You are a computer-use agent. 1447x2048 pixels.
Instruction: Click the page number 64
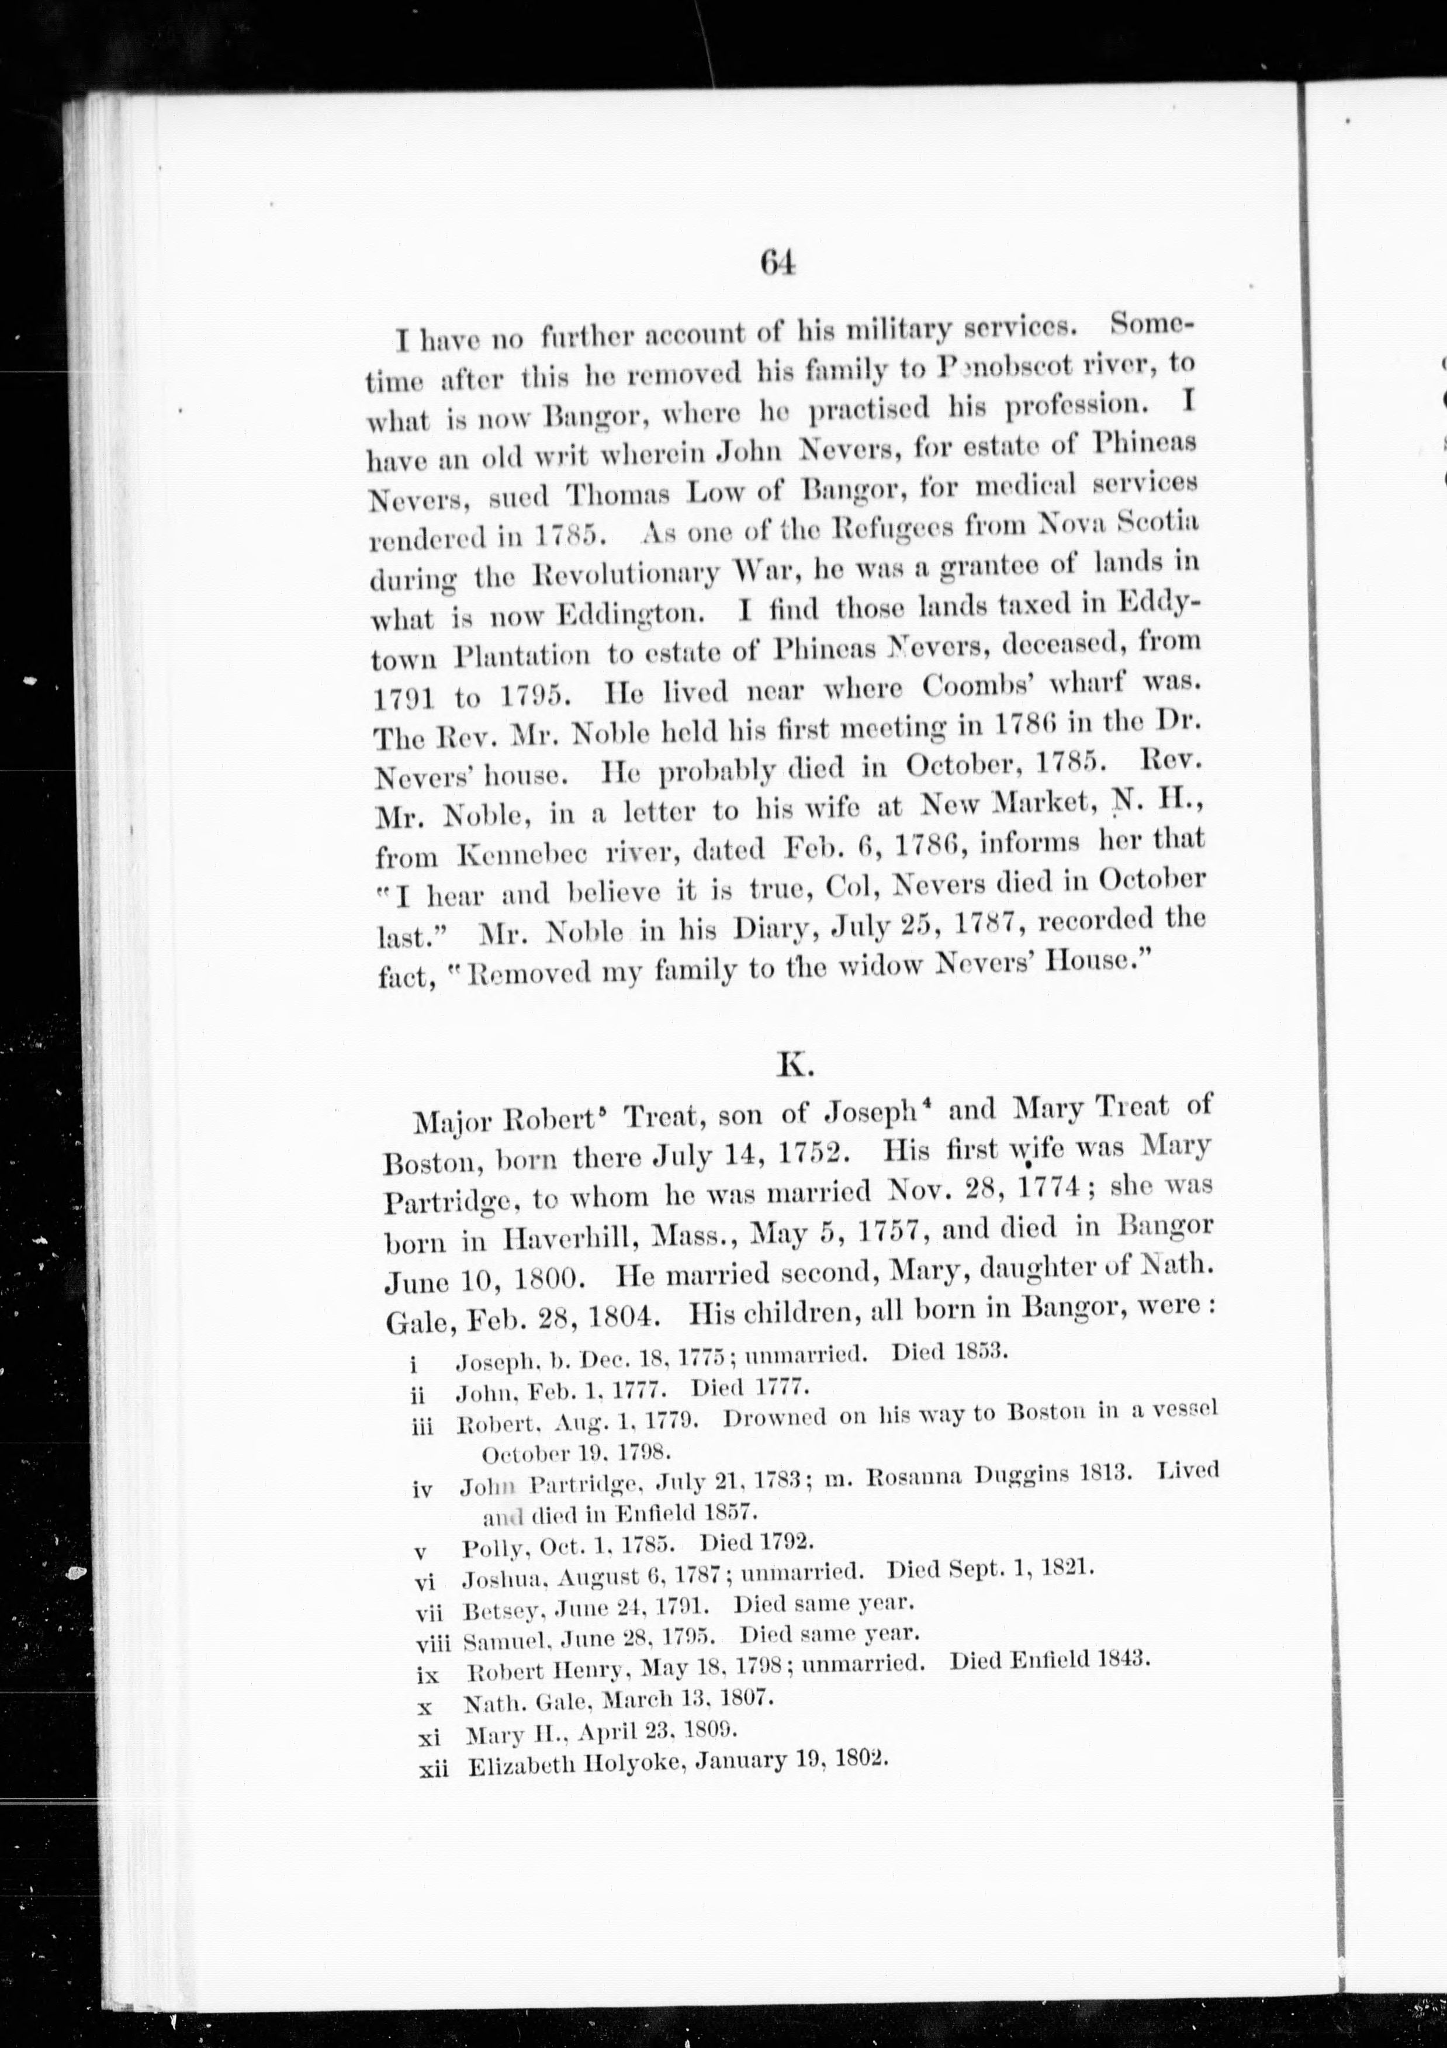pyautogui.click(x=778, y=264)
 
